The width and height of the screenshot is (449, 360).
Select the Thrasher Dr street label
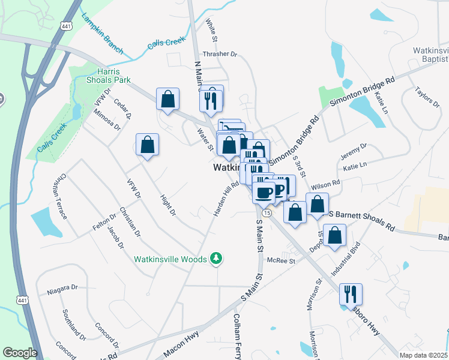click(x=220, y=54)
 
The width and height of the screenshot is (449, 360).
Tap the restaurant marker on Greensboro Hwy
click(x=350, y=295)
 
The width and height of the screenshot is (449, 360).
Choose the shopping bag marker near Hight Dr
click(x=147, y=145)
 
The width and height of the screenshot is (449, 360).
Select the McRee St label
click(x=282, y=260)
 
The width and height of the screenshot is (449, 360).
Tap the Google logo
click(x=20, y=352)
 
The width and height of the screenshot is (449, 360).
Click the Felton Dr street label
click(x=103, y=220)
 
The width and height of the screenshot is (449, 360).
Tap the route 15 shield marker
click(x=267, y=213)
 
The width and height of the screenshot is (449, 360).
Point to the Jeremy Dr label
click(x=354, y=150)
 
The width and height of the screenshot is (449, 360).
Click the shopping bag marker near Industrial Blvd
click(x=335, y=236)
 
